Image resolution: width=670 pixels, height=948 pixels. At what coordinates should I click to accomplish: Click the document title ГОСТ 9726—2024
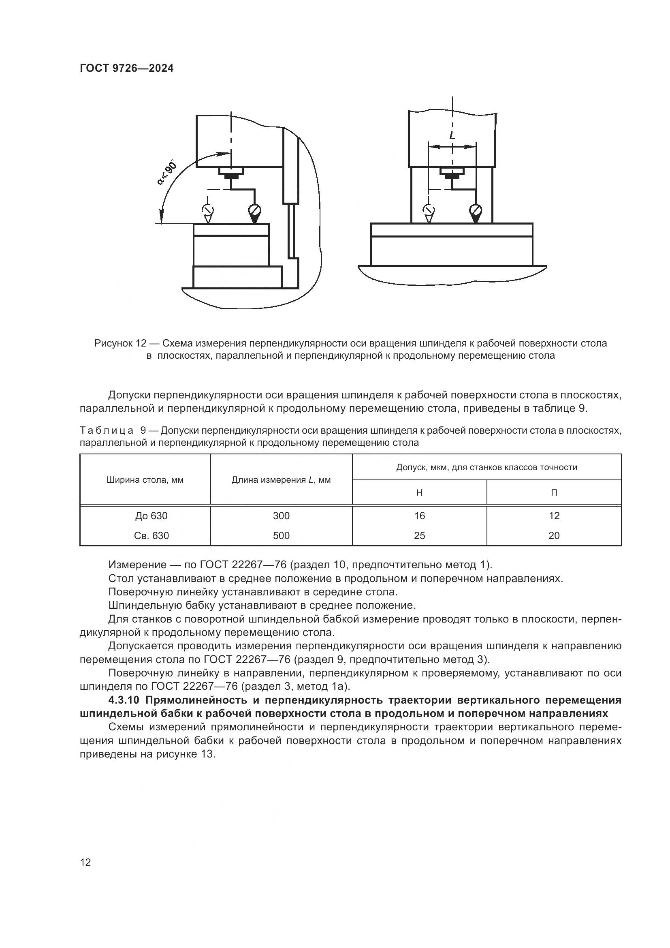(x=127, y=68)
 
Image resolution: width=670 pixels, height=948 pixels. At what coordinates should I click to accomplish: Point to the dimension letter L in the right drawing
(x=452, y=135)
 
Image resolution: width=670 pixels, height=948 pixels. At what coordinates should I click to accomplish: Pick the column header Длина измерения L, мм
(x=281, y=480)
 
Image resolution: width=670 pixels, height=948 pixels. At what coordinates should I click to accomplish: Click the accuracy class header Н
(x=419, y=492)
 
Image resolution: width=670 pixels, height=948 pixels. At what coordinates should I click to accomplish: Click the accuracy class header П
(x=554, y=492)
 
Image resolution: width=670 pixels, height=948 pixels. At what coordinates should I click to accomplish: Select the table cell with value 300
(x=281, y=516)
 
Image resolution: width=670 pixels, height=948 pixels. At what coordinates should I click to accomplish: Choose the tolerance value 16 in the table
(x=419, y=516)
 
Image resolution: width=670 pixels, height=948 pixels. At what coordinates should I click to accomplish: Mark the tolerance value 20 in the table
(x=554, y=535)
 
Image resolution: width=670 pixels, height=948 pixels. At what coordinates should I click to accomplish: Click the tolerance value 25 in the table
(x=419, y=535)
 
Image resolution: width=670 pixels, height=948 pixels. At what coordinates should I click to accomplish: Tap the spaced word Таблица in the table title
(x=107, y=431)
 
